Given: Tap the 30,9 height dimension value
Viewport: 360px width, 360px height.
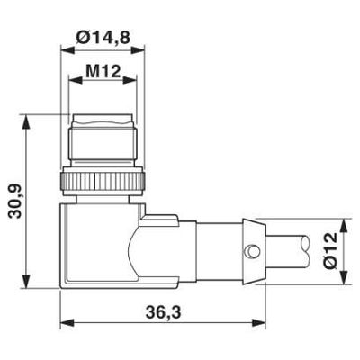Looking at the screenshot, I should [x=16, y=202].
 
